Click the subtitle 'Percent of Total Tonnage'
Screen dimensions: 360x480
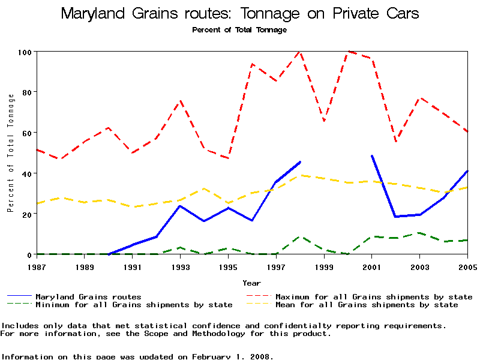[239, 29]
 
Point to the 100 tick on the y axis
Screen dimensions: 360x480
[23, 52]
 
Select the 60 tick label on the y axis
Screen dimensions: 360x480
[26, 133]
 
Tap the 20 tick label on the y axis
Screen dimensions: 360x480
[26, 214]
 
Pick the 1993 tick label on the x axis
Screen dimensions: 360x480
[180, 266]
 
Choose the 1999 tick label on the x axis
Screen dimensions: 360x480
[324, 266]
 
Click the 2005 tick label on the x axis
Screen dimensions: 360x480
[467, 266]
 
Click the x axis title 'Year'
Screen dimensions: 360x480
[251, 283]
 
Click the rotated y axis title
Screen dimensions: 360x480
[10, 153]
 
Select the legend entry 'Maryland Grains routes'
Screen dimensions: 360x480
[88, 296]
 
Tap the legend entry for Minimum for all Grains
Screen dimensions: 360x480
[133, 305]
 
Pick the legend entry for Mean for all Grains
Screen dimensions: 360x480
[366, 305]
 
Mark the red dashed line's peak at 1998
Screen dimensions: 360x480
[299, 52]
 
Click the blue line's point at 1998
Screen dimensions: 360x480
[300, 162]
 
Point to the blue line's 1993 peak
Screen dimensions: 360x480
[180, 206]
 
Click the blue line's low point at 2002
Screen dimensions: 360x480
[396, 217]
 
